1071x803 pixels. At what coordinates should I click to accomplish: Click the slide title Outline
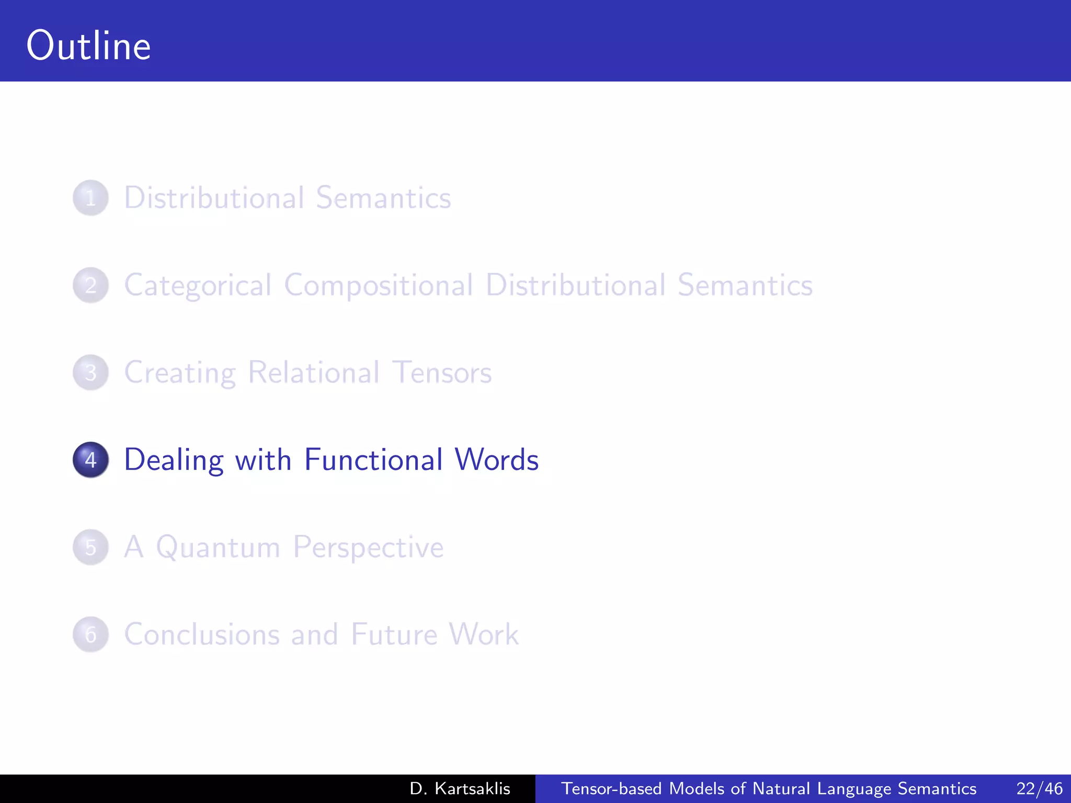pos(89,46)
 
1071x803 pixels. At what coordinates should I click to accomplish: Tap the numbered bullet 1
pos(90,198)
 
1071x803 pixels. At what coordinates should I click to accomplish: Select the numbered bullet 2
pos(90,285)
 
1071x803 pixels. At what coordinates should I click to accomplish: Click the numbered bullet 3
pos(90,373)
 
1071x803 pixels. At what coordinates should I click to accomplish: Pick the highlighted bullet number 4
pos(90,460)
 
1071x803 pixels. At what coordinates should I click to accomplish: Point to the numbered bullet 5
pos(90,547)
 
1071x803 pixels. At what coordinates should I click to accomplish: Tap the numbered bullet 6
pos(90,635)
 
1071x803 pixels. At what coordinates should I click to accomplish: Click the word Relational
pos(314,373)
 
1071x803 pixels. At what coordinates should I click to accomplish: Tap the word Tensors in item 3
pos(442,373)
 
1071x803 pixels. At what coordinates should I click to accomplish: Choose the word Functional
pos(373,460)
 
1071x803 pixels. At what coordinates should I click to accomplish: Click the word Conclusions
pos(201,635)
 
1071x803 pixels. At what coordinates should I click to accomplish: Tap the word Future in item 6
pos(394,635)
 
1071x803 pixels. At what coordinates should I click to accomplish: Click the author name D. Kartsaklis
pos(460,788)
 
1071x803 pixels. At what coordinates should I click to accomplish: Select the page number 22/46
pos(1039,788)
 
